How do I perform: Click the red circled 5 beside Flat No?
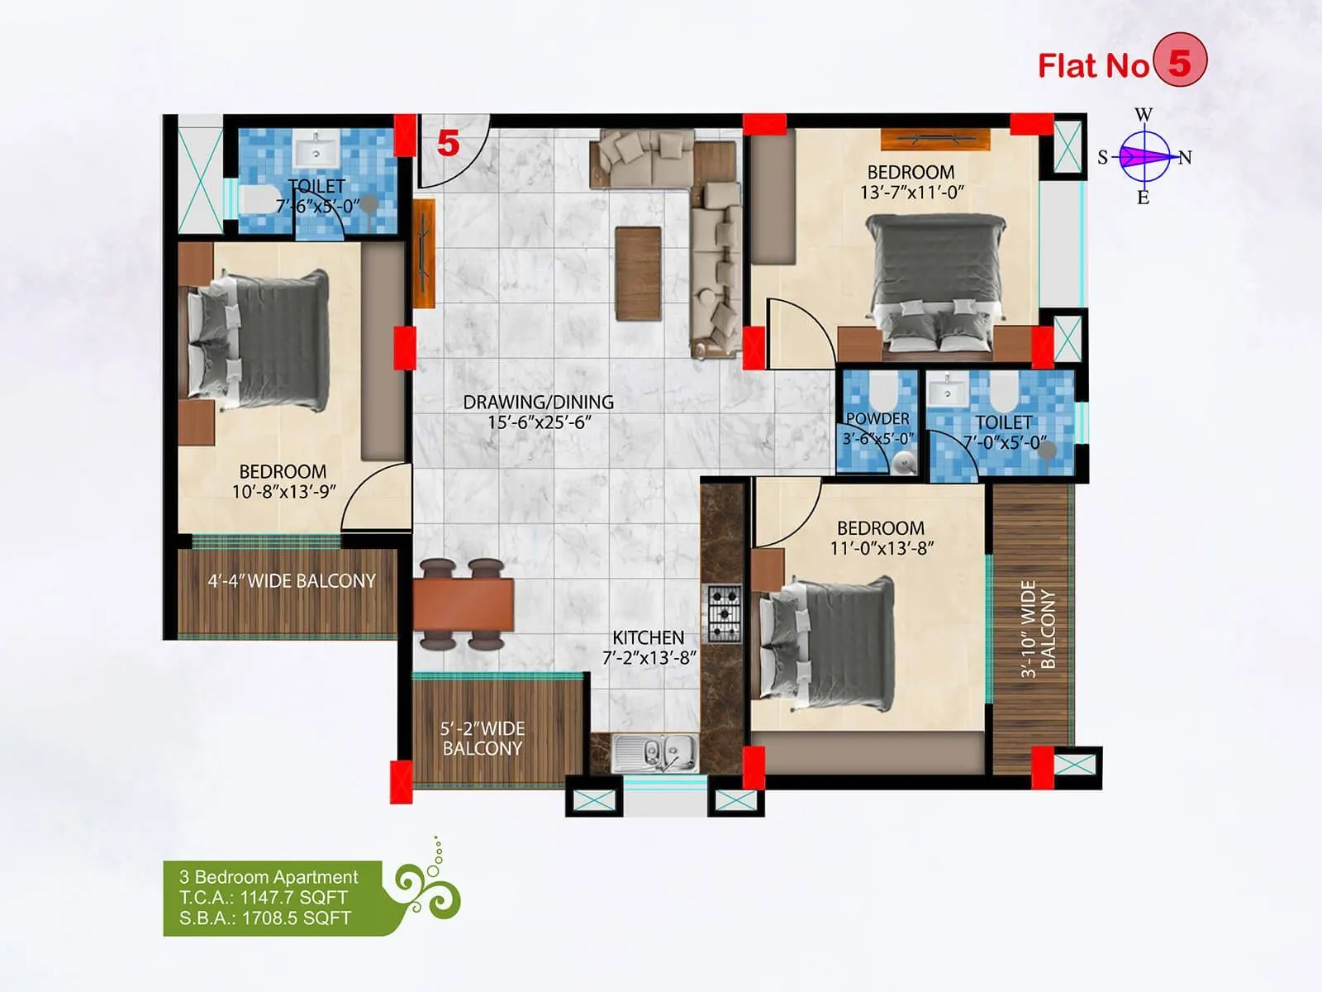[x=1179, y=61]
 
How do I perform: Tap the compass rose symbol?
[x=1144, y=156]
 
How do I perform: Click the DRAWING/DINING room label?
[x=538, y=412]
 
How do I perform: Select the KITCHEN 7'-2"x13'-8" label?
[x=649, y=647]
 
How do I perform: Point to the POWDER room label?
[x=877, y=427]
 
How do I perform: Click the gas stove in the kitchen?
[x=724, y=613]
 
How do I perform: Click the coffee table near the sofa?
[x=638, y=274]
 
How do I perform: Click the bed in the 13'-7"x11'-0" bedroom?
[x=937, y=281]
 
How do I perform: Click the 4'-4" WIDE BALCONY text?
[x=291, y=581]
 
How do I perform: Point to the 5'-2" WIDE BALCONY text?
[x=482, y=738]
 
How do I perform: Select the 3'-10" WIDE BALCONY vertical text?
[x=1037, y=628]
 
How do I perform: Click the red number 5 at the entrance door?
[x=448, y=144]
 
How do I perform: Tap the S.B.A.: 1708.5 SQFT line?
[x=264, y=918]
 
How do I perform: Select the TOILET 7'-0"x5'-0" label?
[x=1003, y=432]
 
